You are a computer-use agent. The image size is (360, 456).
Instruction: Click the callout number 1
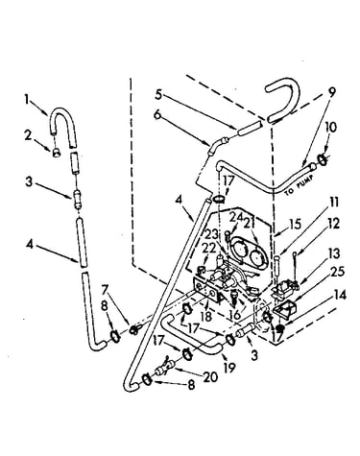tap(28, 100)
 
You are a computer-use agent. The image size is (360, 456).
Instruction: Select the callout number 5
tap(158, 94)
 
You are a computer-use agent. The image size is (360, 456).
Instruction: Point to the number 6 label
tap(156, 115)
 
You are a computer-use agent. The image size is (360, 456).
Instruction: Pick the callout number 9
tap(332, 92)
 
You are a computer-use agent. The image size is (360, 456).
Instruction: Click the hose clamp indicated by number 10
tap(323, 159)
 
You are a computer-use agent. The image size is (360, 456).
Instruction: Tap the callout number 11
tap(334, 203)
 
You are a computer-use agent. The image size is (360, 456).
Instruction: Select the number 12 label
tap(333, 224)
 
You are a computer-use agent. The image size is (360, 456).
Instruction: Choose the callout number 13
tap(334, 254)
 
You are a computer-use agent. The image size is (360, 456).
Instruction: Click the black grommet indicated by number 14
tap(281, 328)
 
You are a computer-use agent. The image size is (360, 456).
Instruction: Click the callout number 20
tap(210, 376)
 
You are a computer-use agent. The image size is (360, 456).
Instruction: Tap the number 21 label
tap(252, 222)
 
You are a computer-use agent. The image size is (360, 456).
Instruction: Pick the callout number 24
tap(236, 219)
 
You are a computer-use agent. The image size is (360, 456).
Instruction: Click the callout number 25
tap(338, 272)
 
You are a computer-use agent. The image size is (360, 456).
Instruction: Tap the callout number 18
tap(206, 317)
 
